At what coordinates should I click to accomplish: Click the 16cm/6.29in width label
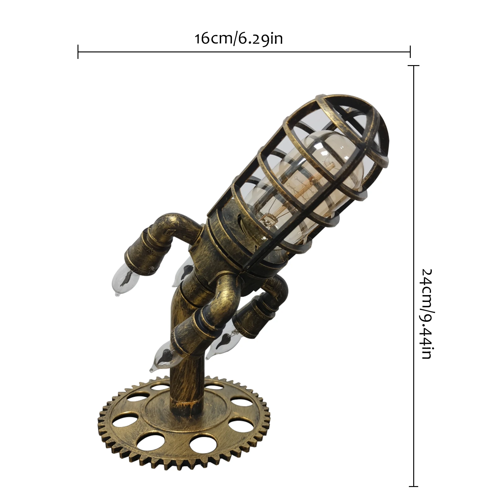[239, 39]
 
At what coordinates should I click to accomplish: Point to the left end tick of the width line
[78, 51]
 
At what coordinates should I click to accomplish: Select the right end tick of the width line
[410, 51]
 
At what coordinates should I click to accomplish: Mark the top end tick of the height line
[414, 66]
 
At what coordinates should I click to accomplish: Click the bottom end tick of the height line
[414, 486]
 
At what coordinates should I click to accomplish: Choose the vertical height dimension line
[414, 217]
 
